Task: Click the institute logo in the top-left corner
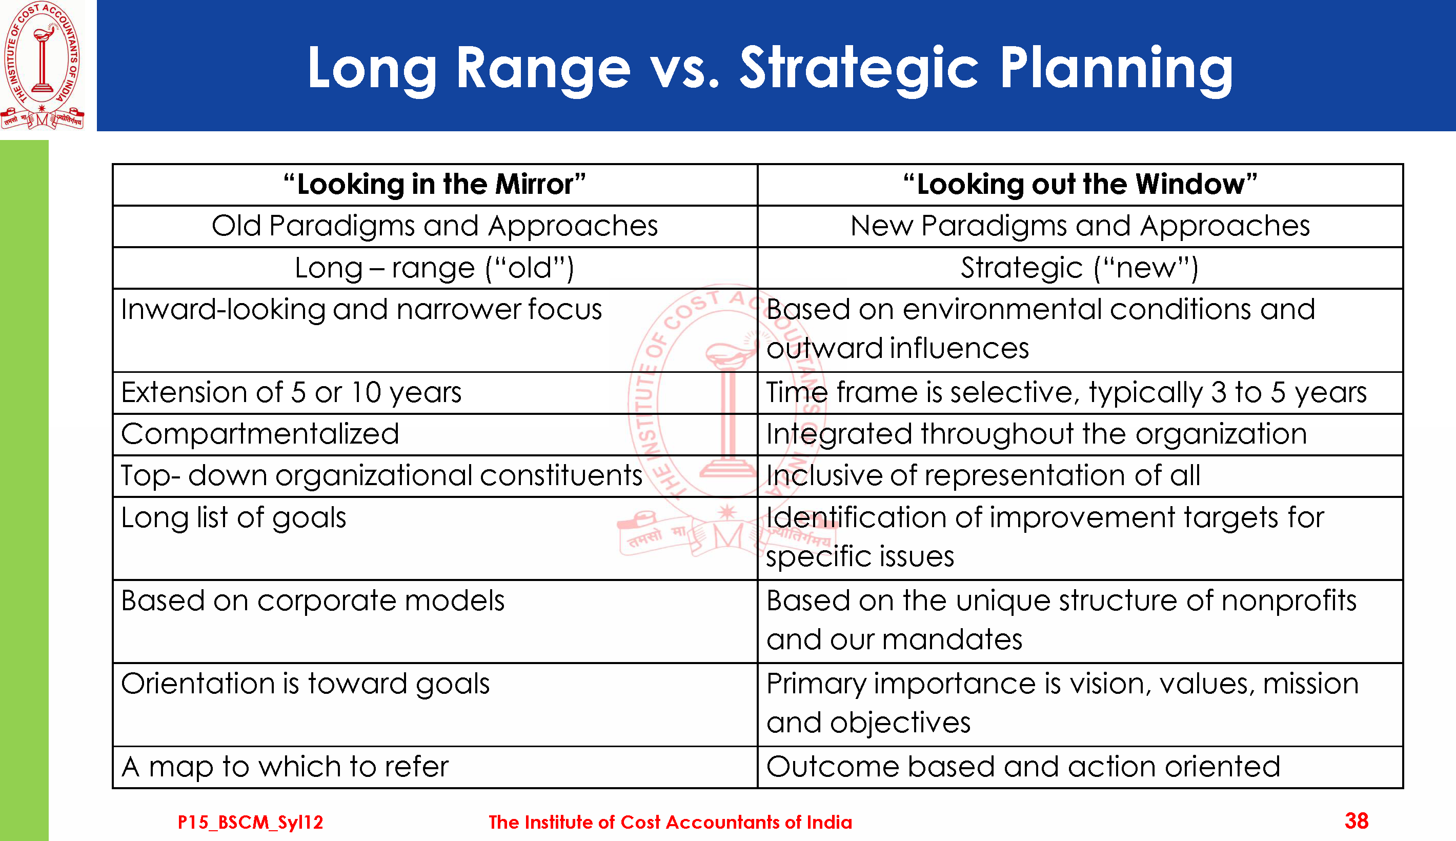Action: [x=42, y=65]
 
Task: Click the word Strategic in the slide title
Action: [x=860, y=69]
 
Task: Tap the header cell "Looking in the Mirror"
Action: [x=435, y=185]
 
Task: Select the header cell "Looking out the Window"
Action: [x=1080, y=185]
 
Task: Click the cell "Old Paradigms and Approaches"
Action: [x=435, y=226]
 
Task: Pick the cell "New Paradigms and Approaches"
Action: [x=1080, y=226]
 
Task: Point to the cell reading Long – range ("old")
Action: [x=435, y=268]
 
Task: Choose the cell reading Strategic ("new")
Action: [x=1080, y=268]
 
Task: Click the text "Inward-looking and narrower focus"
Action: [x=361, y=310]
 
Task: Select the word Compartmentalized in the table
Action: [x=260, y=434]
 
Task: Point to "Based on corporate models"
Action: [x=313, y=600]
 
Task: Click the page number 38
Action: [x=1357, y=821]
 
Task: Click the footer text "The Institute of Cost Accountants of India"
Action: [x=670, y=822]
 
